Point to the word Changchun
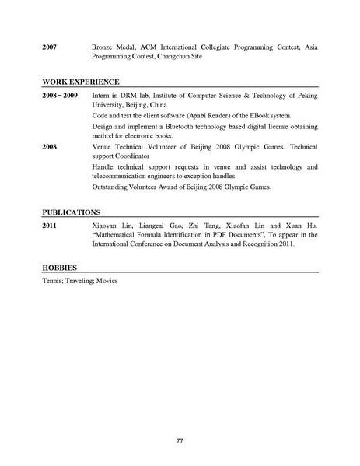[x=196, y=58]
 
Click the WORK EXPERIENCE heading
[x=81, y=81]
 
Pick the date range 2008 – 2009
[x=60, y=95]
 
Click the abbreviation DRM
[x=123, y=95]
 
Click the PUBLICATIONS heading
[x=72, y=212]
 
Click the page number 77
[x=180, y=419]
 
